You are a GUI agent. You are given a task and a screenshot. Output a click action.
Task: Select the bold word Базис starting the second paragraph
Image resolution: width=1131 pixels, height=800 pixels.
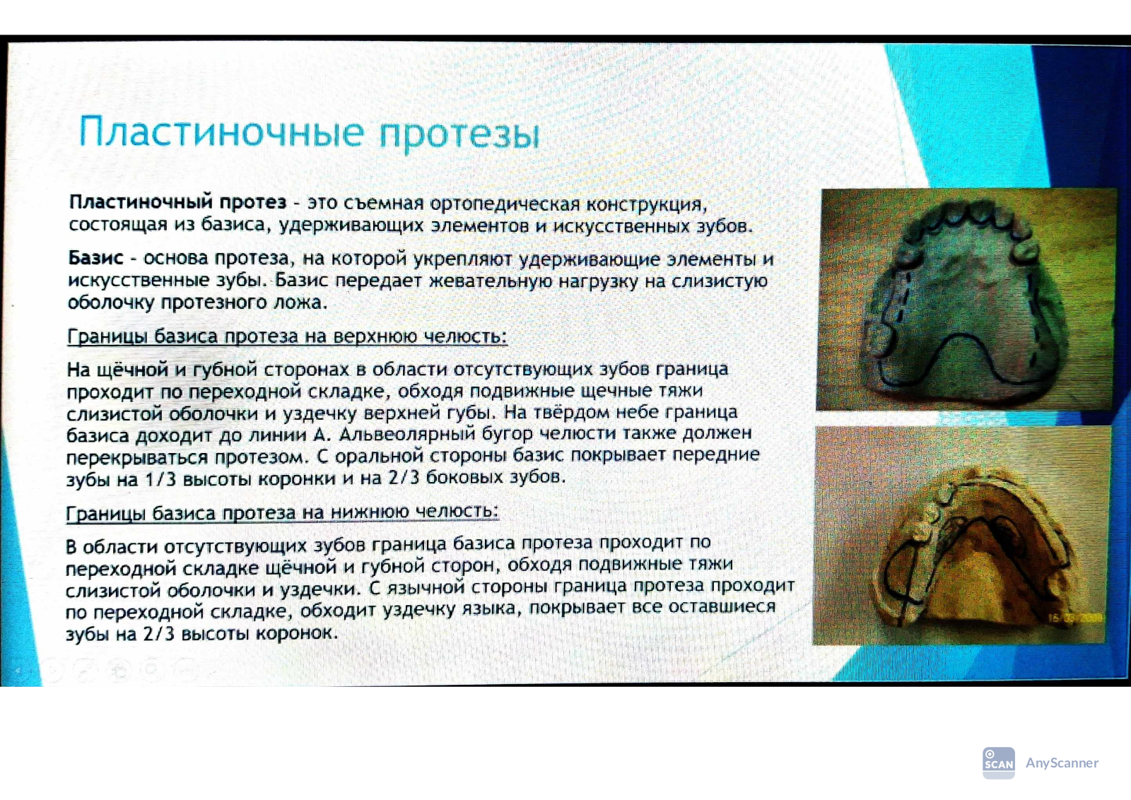coord(95,258)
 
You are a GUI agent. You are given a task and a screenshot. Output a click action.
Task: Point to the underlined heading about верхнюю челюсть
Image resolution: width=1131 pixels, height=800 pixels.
coord(287,336)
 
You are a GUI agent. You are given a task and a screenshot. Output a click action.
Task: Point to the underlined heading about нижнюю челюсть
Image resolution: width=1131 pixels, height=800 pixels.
coord(283,513)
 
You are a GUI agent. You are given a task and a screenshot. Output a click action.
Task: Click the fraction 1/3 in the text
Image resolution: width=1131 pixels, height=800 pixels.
coord(160,478)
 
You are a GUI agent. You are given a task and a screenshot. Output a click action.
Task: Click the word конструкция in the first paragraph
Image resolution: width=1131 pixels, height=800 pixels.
coord(646,205)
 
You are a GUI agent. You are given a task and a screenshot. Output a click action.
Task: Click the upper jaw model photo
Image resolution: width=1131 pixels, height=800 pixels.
coord(966,299)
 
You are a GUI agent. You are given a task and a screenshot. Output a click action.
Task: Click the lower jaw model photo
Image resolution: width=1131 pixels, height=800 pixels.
coord(962,536)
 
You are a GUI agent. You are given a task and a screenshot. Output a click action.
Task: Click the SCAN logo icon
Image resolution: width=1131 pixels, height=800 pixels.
coord(999,763)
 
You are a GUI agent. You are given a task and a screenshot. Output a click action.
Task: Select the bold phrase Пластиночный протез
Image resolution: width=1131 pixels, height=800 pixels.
coord(177,203)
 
